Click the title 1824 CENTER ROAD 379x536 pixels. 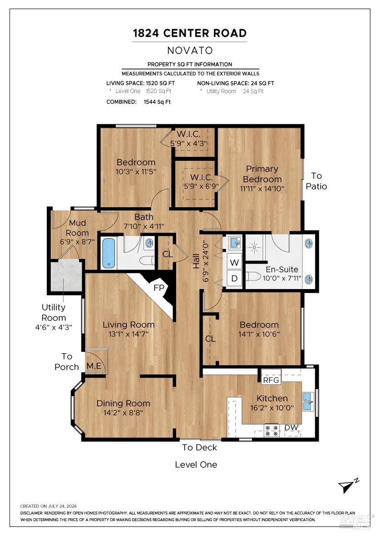tap(189, 33)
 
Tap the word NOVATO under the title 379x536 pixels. tap(190, 51)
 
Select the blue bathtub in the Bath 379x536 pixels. tap(109, 253)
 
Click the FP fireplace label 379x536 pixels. tap(159, 288)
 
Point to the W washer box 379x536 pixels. tap(234, 263)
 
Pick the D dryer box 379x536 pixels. tap(234, 278)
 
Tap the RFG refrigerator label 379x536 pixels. tap(271, 380)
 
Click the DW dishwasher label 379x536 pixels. tap(291, 427)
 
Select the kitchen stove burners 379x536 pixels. tap(272, 430)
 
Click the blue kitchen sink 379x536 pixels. tap(309, 402)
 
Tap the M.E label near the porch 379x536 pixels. tap(94, 366)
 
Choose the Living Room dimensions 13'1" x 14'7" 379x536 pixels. tap(129, 334)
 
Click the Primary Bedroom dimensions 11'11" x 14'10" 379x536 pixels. tap(262, 189)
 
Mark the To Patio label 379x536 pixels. tap(316, 181)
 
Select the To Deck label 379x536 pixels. tap(200, 447)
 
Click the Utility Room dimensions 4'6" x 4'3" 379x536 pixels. tap(54, 327)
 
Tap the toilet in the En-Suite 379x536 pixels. tap(253, 276)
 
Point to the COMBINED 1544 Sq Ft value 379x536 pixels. tap(157, 102)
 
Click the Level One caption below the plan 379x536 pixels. tap(196, 465)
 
